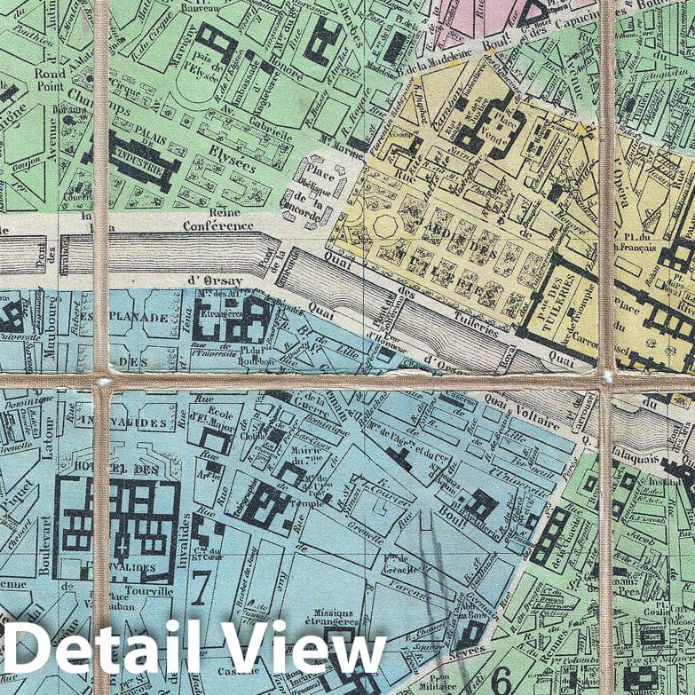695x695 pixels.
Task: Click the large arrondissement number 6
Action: (502, 679)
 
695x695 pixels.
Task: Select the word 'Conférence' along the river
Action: (218, 225)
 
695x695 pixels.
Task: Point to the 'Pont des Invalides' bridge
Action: (66, 257)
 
